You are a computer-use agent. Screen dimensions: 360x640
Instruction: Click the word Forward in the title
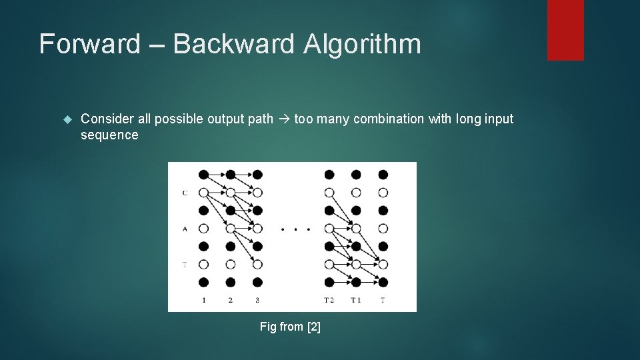90,45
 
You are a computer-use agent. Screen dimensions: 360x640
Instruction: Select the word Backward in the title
233,45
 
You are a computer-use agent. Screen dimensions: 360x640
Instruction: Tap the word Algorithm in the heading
362,45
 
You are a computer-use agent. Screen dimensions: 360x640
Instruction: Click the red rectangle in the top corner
565,30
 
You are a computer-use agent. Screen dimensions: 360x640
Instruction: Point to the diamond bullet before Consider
66,119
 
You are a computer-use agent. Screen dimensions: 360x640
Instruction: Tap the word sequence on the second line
109,135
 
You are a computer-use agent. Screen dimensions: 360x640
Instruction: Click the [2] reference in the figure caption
313,327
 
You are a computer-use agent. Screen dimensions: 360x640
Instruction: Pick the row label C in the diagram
185,193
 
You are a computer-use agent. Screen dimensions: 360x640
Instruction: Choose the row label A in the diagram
185,229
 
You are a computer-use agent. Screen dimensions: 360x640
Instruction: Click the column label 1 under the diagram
203,300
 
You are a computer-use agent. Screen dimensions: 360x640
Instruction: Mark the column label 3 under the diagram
257,300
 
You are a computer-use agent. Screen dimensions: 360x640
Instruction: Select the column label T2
329,300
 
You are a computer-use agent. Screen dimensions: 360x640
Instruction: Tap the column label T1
356,300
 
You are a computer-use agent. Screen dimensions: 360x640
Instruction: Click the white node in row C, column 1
203,193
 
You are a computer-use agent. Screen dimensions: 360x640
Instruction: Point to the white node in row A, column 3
257,229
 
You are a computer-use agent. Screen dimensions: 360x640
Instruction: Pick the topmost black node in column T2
329,175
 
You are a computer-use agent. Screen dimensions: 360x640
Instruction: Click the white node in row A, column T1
356,229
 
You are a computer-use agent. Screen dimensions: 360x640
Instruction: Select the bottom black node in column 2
230,282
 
